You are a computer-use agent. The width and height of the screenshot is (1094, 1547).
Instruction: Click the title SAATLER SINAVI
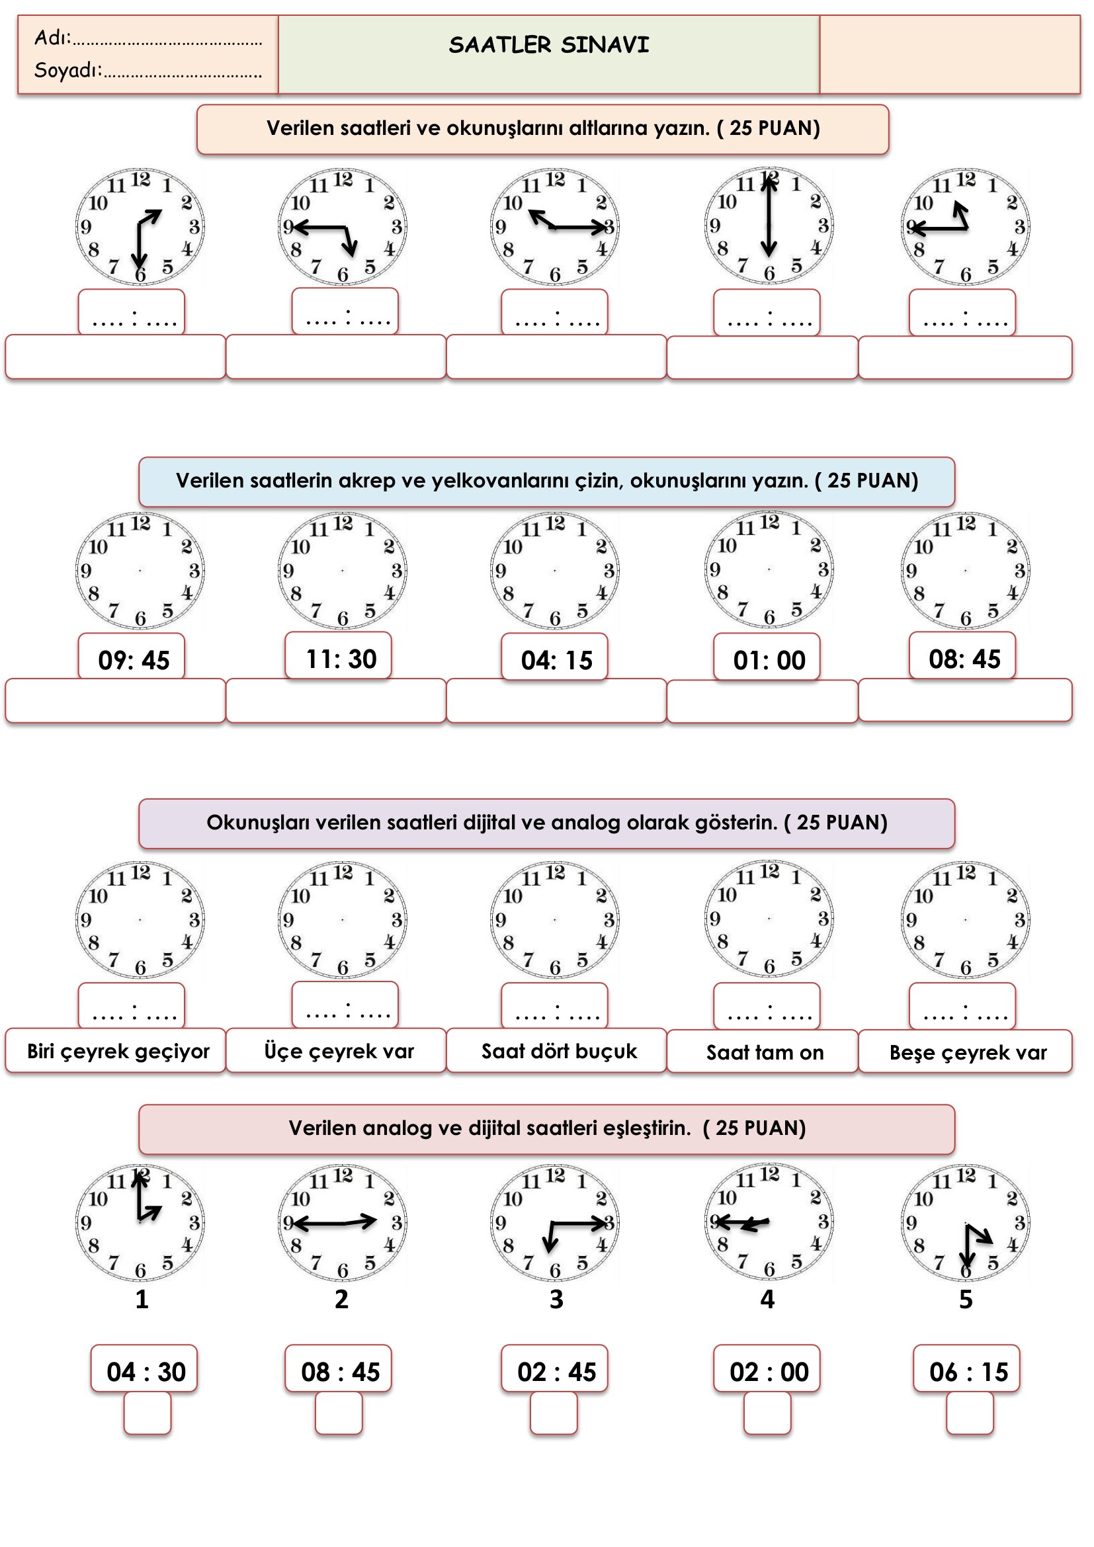pyautogui.click(x=548, y=45)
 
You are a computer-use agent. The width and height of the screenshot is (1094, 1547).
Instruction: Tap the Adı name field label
pyautogui.click(x=52, y=38)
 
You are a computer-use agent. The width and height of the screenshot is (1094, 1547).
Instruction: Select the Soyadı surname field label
pyautogui.click(x=68, y=70)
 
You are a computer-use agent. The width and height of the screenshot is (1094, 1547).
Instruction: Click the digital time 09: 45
pyautogui.click(x=134, y=660)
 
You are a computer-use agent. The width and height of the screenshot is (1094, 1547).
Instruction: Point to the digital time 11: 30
pyautogui.click(x=341, y=659)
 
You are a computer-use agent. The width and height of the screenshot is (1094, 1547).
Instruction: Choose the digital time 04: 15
pyautogui.click(x=556, y=660)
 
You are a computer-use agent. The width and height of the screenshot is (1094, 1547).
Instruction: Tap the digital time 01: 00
pyautogui.click(x=769, y=660)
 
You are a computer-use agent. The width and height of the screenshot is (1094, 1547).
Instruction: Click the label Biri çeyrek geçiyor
pyautogui.click(x=118, y=1051)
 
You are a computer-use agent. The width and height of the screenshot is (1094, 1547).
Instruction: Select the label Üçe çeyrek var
pyautogui.click(x=339, y=1051)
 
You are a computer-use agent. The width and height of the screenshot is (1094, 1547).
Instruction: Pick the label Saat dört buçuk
pyautogui.click(x=558, y=1051)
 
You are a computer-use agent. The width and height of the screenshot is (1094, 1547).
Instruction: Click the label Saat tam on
pyautogui.click(x=765, y=1052)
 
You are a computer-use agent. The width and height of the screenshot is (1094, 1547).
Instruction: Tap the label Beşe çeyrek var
pyautogui.click(x=968, y=1052)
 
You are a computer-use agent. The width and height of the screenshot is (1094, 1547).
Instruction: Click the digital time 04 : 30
pyautogui.click(x=146, y=1372)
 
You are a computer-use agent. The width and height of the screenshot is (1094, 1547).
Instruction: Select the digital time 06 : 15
pyautogui.click(x=968, y=1372)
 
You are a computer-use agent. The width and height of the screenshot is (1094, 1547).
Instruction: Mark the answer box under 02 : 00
pyautogui.click(x=767, y=1413)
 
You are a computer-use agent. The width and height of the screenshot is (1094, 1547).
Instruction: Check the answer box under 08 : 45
pyautogui.click(x=339, y=1413)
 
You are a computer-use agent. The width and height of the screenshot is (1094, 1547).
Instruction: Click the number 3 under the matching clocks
pyautogui.click(x=556, y=1299)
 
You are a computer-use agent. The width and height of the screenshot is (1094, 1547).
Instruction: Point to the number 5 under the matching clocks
pyautogui.click(x=965, y=1299)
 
